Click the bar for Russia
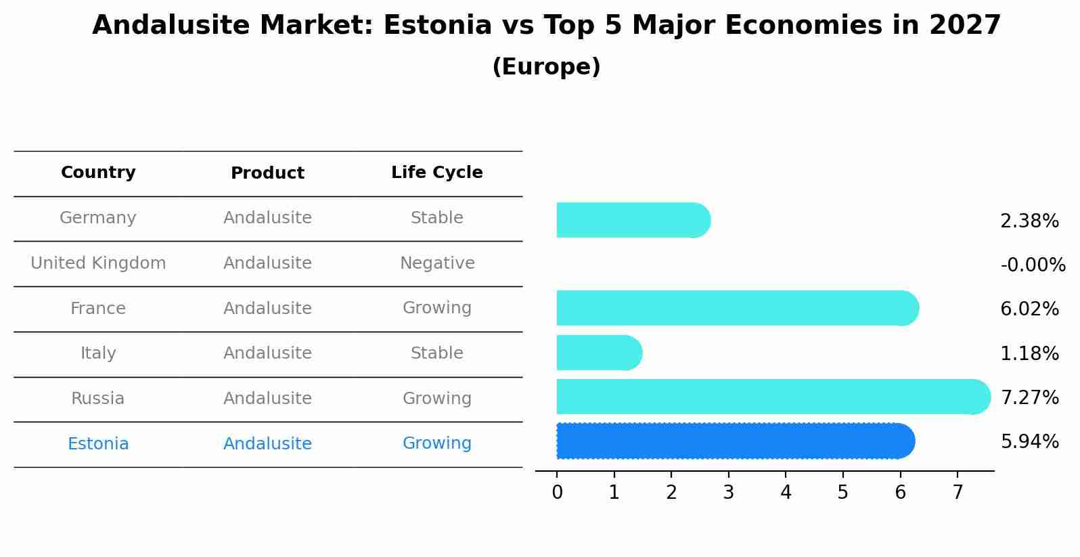click(771, 397)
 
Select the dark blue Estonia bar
click(734, 441)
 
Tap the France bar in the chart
click(736, 308)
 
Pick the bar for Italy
click(598, 353)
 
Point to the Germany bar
click(633, 220)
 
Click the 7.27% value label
click(1029, 397)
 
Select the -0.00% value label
click(1033, 265)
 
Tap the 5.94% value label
click(1029, 442)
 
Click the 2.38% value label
click(1029, 221)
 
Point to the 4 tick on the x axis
click(786, 492)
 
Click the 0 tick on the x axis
click(557, 492)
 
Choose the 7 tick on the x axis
click(958, 492)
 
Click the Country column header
click(98, 173)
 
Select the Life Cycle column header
click(436, 173)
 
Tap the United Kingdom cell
click(98, 263)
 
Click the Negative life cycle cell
click(436, 263)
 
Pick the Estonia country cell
click(98, 444)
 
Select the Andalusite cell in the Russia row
click(267, 399)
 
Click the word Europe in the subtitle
click(546, 67)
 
